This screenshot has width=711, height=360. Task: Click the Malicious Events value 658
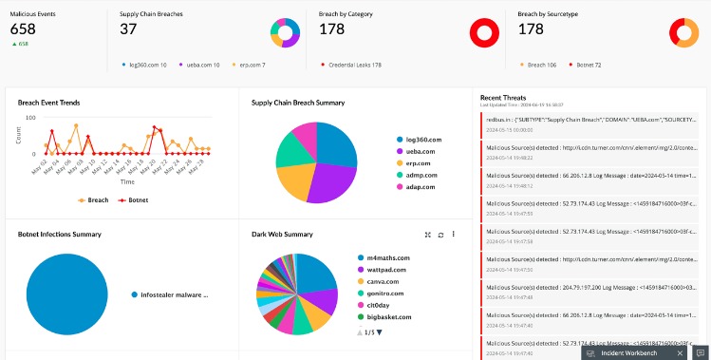23,29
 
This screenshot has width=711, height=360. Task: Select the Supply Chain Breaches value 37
128,29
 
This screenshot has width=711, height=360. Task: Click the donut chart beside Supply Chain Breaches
283,33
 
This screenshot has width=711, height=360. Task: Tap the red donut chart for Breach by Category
485,33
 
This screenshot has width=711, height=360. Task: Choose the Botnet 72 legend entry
585,65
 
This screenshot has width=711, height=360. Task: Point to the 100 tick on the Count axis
30,118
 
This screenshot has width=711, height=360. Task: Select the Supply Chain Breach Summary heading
297,102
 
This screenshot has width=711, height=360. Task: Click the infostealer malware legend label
173,294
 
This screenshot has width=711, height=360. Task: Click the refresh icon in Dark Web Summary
440,234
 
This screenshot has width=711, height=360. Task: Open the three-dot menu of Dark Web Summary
454,234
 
